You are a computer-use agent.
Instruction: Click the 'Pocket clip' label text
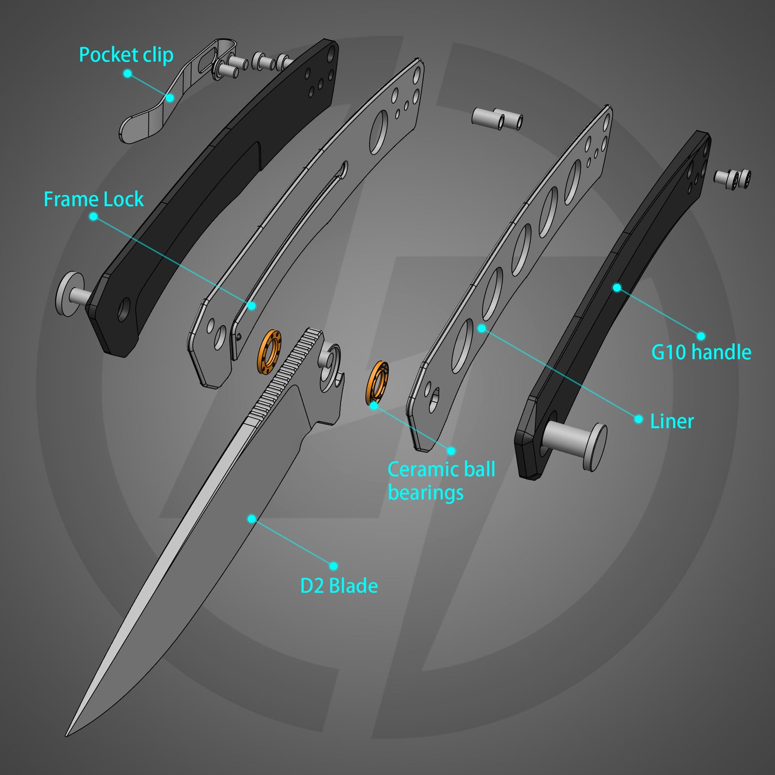click(126, 55)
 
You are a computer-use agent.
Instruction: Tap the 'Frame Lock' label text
click(94, 199)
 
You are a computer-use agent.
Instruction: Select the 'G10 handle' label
click(701, 352)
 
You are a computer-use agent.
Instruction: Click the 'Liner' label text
click(671, 422)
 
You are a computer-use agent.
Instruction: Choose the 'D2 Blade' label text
click(339, 586)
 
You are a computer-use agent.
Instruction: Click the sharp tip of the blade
click(67, 734)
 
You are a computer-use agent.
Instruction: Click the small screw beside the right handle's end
click(733, 178)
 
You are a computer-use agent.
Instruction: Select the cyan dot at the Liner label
click(639, 419)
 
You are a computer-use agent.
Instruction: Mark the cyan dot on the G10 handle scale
click(617, 287)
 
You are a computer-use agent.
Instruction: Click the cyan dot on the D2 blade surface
click(252, 518)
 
